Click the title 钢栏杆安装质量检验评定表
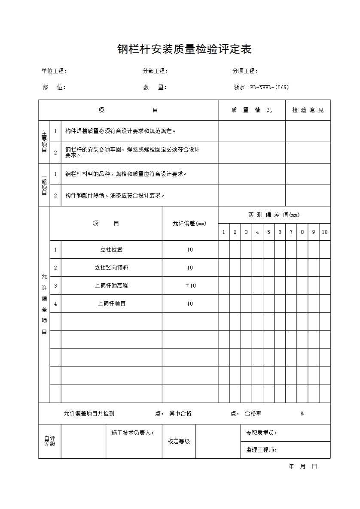tap(184, 49)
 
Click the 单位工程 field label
tap(54, 71)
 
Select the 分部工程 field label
tap(155, 71)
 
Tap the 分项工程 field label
tap(245, 71)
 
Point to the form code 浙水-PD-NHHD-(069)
tap(261, 88)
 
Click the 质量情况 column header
tap(251, 110)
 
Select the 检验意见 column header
tap(308, 110)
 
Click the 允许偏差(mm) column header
tap(189, 224)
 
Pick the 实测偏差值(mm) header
tap(274, 215)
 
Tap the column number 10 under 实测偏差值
tap(324, 232)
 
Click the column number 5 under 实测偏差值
tap(268, 232)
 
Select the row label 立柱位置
tap(111, 250)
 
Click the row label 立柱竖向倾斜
tap(111, 268)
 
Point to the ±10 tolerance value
tap(190, 286)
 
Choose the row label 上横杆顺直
tap(111, 304)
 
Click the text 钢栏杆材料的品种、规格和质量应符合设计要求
tap(126, 174)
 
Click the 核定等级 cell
tap(179, 441)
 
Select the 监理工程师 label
tap(261, 450)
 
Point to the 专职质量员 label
tap(261, 433)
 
